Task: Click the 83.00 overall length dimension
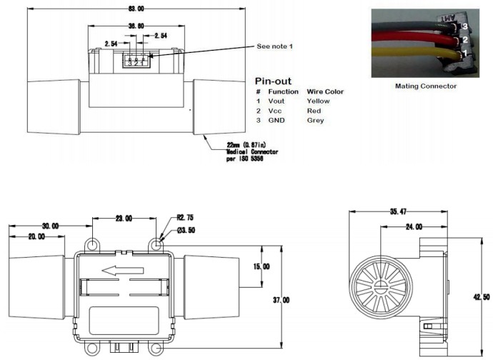(x=115, y=9)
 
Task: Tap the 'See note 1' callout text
(x=274, y=46)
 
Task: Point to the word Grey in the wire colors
(x=315, y=120)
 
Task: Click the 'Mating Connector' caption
(x=425, y=86)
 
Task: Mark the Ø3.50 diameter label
(x=186, y=231)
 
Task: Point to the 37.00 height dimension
(x=281, y=301)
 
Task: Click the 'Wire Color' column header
(x=325, y=91)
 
